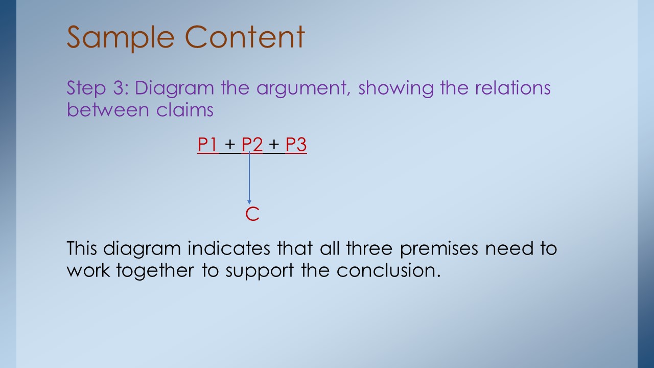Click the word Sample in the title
pyautogui.click(x=121, y=38)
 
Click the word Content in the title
pyautogui.click(x=245, y=37)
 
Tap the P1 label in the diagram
pyautogui.click(x=207, y=144)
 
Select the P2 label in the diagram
pyautogui.click(x=252, y=144)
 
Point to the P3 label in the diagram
pyautogui.click(x=296, y=144)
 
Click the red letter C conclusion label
pyautogui.click(x=252, y=214)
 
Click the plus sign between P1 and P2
pyautogui.click(x=230, y=144)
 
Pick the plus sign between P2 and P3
pyautogui.click(x=274, y=144)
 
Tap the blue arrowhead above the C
pyautogui.click(x=249, y=202)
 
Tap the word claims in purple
pyautogui.click(x=184, y=110)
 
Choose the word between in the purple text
pyautogui.click(x=108, y=110)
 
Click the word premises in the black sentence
pyautogui.click(x=439, y=249)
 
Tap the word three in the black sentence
pyautogui.click(x=369, y=248)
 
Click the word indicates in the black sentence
pyautogui.click(x=228, y=248)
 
